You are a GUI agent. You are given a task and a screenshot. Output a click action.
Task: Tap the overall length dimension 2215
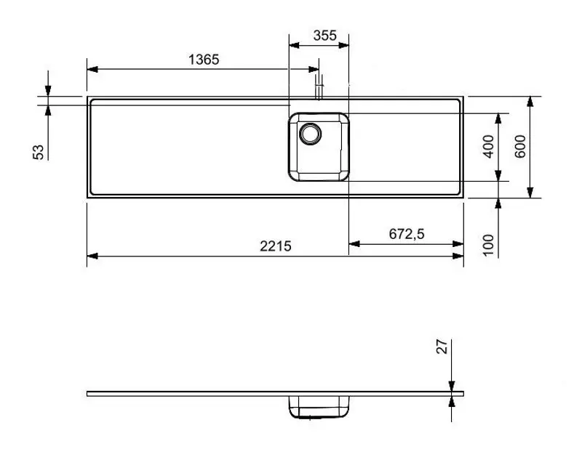click(x=276, y=246)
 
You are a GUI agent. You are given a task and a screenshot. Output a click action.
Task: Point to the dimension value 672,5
click(x=407, y=234)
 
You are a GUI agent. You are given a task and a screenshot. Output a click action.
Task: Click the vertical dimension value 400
click(x=488, y=147)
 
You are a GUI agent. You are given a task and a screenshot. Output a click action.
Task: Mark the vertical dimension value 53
click(x=39, y=151)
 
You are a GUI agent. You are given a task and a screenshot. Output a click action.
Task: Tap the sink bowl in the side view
click(x=319, y=408)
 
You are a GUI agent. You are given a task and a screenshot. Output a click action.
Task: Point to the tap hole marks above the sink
click(x=318, y=91)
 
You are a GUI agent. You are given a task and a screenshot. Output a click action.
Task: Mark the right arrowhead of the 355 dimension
click(x=345, y=46)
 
